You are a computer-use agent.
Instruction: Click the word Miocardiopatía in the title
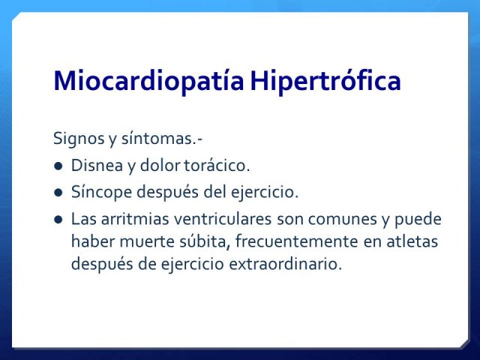click(148, 81)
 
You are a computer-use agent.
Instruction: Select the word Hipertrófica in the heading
click(325, 81)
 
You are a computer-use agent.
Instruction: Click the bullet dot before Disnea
click(58, 166)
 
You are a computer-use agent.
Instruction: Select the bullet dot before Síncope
click(58, 193)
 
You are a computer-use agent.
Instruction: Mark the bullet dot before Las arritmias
click(58, 220)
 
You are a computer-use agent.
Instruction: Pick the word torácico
click(217, 165)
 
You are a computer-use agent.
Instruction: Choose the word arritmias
click(135, 219)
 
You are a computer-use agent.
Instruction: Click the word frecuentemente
click(297, 241)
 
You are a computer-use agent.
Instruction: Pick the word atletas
click(412, 241)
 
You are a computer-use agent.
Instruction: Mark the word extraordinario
click(285, 264)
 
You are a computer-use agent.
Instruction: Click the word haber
click(93, 241)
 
